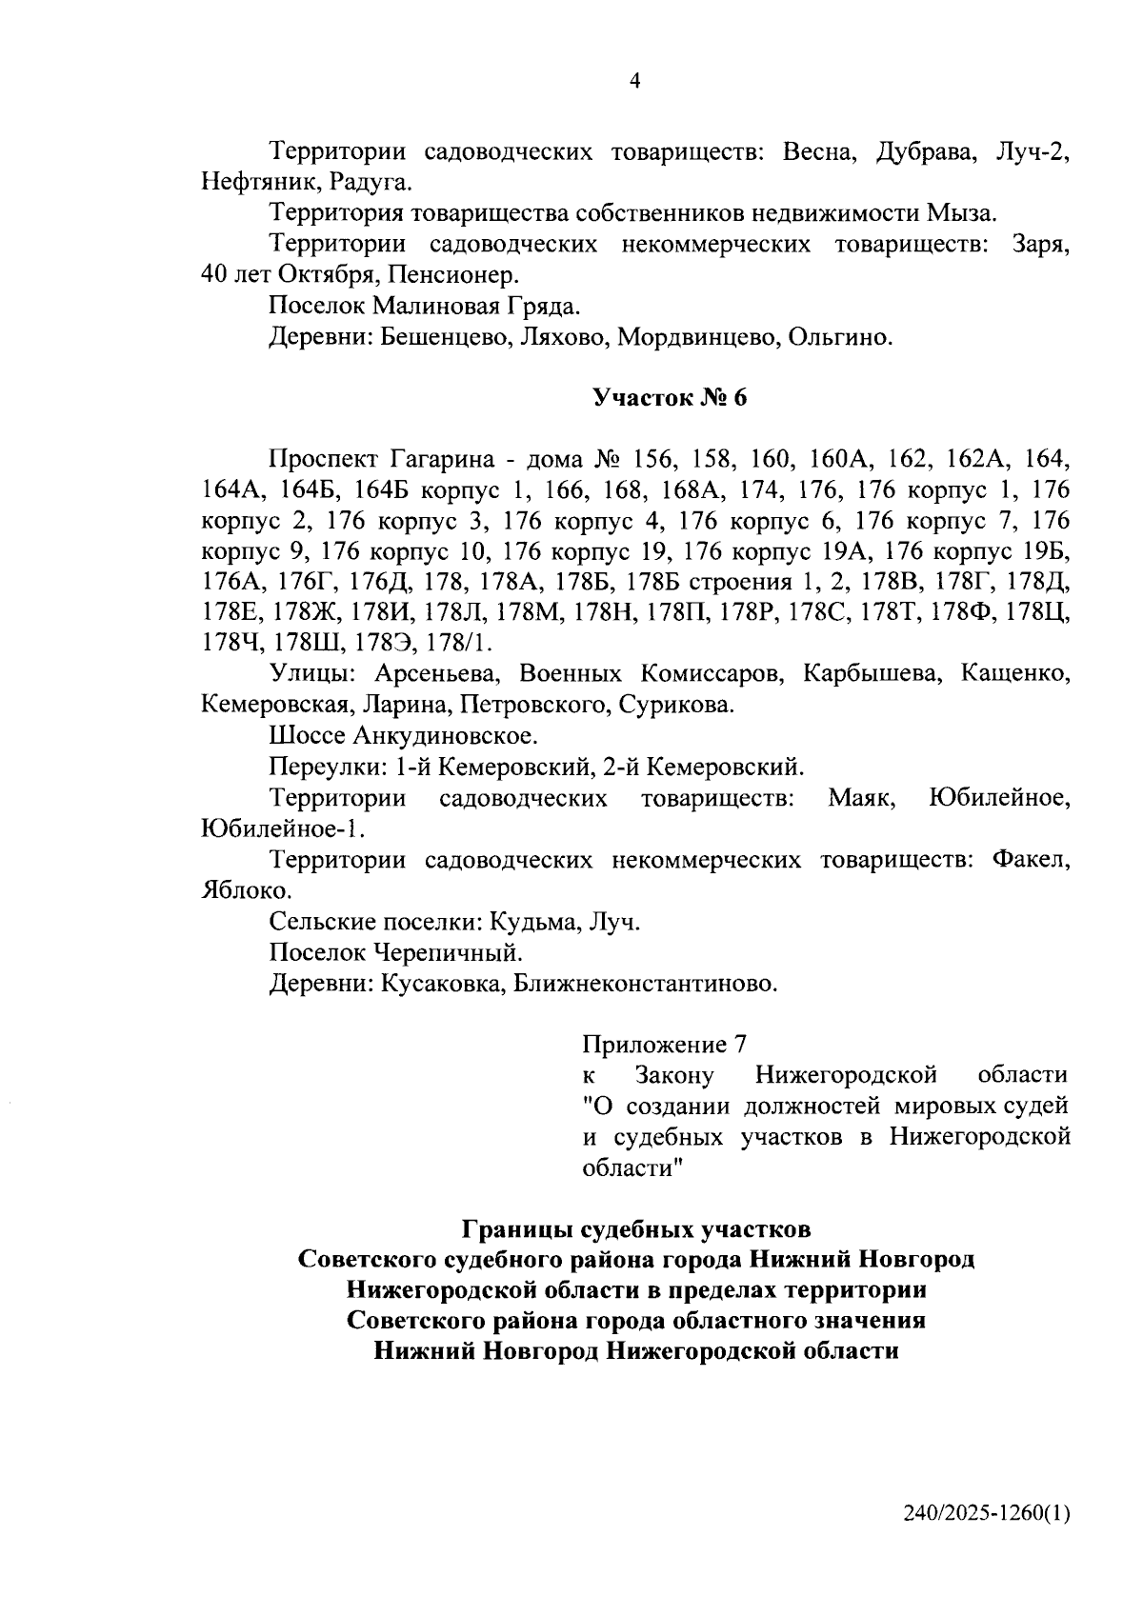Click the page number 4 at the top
(x=635, y=82)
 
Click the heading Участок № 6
(x=670, y=398)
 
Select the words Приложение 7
(x=663, y=1046)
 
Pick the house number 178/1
(x=461, y=643)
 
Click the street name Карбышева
(x=857, y=674)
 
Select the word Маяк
(x=861, y=798)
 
